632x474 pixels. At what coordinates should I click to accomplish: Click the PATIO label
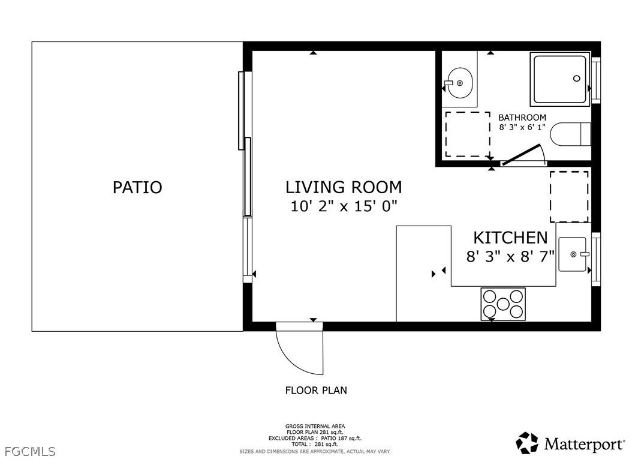pyautogui.click(x=137, y=187)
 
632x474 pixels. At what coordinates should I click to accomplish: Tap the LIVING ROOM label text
pyautogui.click(x=344, y=187)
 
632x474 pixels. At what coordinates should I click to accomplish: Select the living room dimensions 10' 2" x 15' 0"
pyautogui.click(x=344, y=206)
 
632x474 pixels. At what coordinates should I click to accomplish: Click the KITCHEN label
pyautogui.click(x=510, y=238)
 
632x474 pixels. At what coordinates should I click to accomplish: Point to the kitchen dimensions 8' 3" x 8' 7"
pyautogui.click(x=510, y=257)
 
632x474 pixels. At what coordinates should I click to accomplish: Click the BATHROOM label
pyautogui.click(x=522, y=118)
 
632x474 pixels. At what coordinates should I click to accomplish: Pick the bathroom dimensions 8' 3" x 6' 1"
pyautogui.click(x=522, y=127)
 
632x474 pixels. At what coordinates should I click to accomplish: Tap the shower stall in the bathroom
pyautogui.click(x=559, y=79)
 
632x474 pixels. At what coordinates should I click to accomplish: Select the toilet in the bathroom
pyautogui.click(x=570, y=134)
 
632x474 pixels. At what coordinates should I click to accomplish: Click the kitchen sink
pyautogui.click(x=573, y=254)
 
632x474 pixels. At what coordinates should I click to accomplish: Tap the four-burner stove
pyautogui.click(x=502, y=304)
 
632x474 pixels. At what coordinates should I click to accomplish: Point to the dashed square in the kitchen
pyautogui.click(x=569, y=197)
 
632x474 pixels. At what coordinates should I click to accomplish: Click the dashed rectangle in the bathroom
pyautogui.click(x=467, y=134)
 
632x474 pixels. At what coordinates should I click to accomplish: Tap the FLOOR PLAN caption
pyautogui.click(x=316, y=391)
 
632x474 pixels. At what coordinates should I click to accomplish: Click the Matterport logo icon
pyautogui.click(x=527, y=443)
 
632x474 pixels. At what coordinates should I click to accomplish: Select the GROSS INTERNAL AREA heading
pyautogui.click(x=315, y=426)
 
